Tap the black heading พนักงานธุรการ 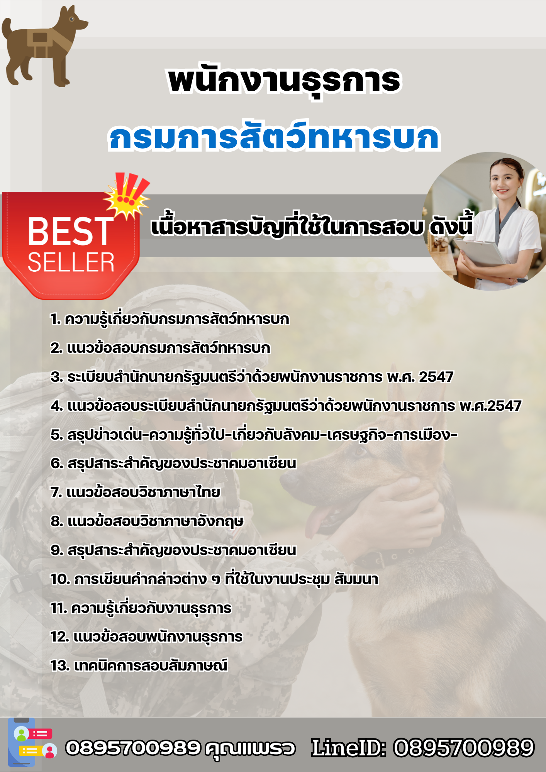tap(285, 81)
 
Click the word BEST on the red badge tap(70, 231)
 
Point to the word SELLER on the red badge tap(71, 263)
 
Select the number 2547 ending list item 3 tap(436, 377)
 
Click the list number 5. tap(56, 435)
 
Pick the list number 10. tap(60, 579)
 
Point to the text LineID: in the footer tap(349, 748)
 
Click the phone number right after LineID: tap(463, 748)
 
